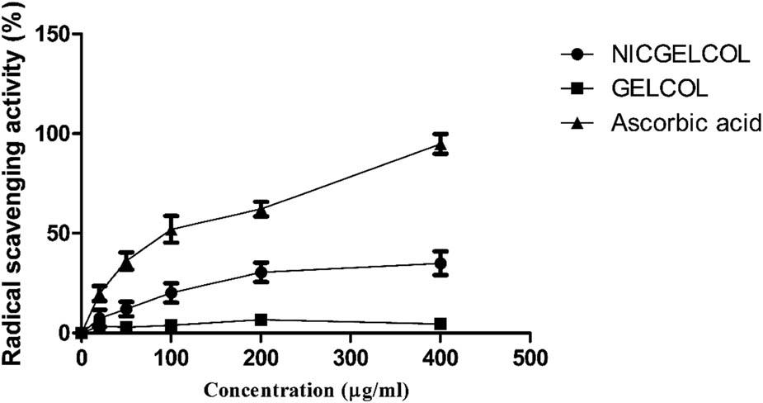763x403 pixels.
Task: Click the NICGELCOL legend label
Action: [680, 55]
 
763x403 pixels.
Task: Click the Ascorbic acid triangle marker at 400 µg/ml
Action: [440, 145]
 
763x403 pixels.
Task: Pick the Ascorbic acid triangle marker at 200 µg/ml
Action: [261, 210]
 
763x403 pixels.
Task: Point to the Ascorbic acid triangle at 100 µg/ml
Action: [171, 230]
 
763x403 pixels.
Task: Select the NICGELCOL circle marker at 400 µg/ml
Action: [440, 263]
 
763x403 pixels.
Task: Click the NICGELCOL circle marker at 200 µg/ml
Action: [261, 273]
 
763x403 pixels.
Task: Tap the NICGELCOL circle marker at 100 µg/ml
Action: [171, 292]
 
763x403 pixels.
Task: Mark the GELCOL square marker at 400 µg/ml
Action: [440, 324]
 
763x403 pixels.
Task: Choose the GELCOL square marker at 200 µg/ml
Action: [261, 320]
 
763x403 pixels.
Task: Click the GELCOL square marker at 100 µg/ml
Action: [171, 325]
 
